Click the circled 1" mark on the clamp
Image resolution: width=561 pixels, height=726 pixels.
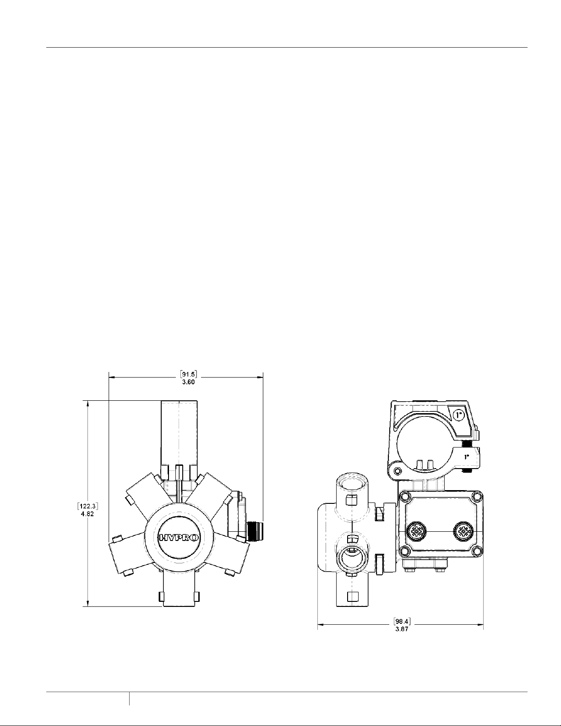[459, 415]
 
